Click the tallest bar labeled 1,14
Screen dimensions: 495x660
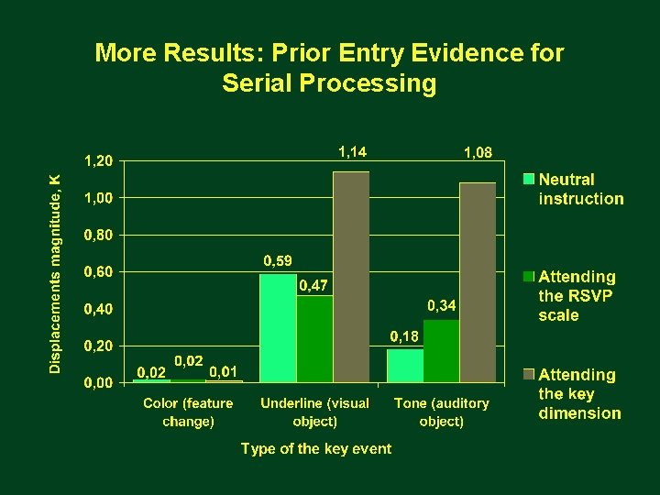click(351, 276)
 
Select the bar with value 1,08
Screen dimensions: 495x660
click(478, 281)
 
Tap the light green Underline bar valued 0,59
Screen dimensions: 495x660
click(278, 327)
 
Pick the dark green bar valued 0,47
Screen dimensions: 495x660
click(314, 338)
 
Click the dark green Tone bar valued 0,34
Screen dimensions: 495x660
click(441, 350)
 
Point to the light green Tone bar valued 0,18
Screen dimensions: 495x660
click(404, 365)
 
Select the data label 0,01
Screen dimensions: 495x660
click(225, 371)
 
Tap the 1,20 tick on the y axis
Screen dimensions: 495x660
click(99, 160)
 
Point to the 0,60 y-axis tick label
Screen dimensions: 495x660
click(99, 272)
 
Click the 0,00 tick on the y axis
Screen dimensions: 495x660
click(99, 383)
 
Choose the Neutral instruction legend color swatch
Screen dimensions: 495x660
click(529, 179)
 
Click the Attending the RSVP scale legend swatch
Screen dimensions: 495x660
click(529, 276)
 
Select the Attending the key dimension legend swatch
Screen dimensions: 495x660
click(529, 374)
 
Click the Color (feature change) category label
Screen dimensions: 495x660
click(188, 412)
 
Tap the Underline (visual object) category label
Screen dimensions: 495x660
click(314, 412)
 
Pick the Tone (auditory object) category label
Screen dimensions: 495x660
click(441, 412)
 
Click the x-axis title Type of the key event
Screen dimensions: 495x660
click(315, 448)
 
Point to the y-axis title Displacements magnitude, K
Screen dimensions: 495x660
click(56, 273)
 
